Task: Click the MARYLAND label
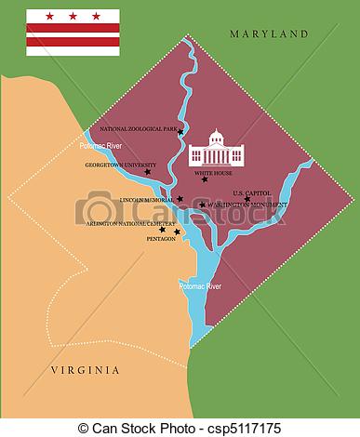pyautogui.click(x=269, y=33)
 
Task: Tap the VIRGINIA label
pyautogui.click(x=86, y=370)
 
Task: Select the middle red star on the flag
pyautogui.click(x=73, y=16)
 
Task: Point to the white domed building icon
pyautogui.click(x=217, y=148)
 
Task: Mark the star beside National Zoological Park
pyautogui.click(x=181, y=132)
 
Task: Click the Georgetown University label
pyautogui.click(x=120, y=164)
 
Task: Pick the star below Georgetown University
pyautogui.click(x=147, y=172)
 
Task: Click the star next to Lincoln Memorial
pyautogui.click(x=180, y=198)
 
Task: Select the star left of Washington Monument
pyautogui.click(x=203, y=205)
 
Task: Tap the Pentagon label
pyautogui.click(x=161, y=239)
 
